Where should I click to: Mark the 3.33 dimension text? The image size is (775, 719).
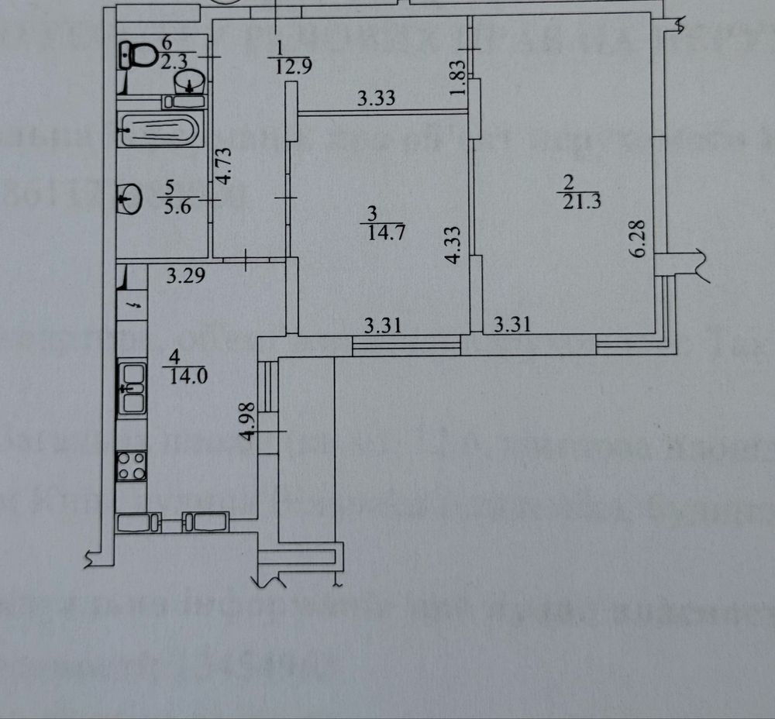pos(376,98)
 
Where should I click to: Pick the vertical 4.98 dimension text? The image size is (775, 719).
pos(249,421)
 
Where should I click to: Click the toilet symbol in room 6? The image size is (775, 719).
pos(137,54)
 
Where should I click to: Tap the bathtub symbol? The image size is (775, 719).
pos(160,129)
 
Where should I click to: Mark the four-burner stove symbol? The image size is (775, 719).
pos(131,466)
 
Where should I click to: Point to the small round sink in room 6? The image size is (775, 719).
pos(195,80)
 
